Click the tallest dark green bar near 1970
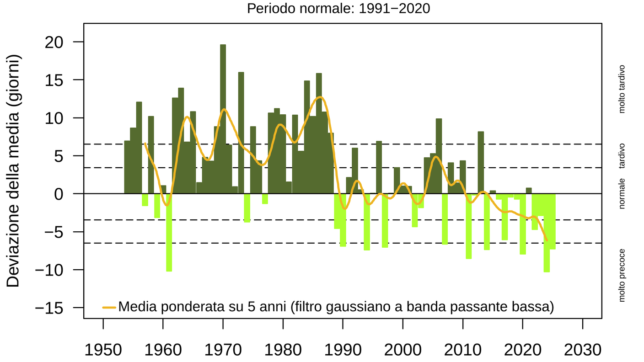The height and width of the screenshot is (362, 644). point(223,119)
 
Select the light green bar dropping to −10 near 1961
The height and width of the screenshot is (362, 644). point(169,233)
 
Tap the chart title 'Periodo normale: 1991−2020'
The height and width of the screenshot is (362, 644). point(338,8)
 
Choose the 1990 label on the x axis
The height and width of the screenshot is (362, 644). point(343,350)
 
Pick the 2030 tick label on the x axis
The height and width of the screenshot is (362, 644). point(582,350)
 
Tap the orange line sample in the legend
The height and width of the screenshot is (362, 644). point(109,307)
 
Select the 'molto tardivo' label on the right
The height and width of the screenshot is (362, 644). point(622,89)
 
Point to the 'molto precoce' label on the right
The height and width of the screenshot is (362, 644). point(622,276)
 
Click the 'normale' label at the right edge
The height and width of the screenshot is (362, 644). point(622,193)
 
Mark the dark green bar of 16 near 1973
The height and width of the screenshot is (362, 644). point(241,133)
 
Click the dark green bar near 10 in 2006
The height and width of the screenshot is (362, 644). point(439,155)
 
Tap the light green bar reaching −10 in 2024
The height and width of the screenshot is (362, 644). point(547,233)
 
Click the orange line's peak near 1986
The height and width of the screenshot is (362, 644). point(321,97)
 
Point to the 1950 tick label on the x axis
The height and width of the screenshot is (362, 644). point(103,350)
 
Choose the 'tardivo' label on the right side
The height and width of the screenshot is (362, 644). point(622,156)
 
